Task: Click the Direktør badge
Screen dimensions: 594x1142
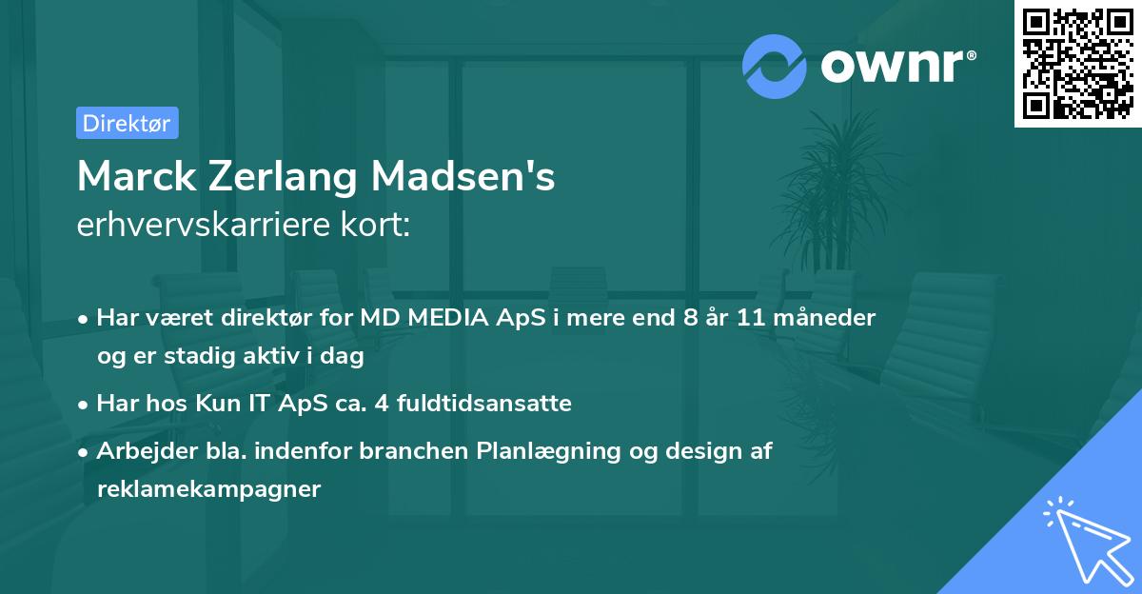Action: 127,123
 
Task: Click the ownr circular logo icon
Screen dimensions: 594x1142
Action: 774,66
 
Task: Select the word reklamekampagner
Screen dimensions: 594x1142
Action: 209,489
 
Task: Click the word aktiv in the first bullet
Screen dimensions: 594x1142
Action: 280,356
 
